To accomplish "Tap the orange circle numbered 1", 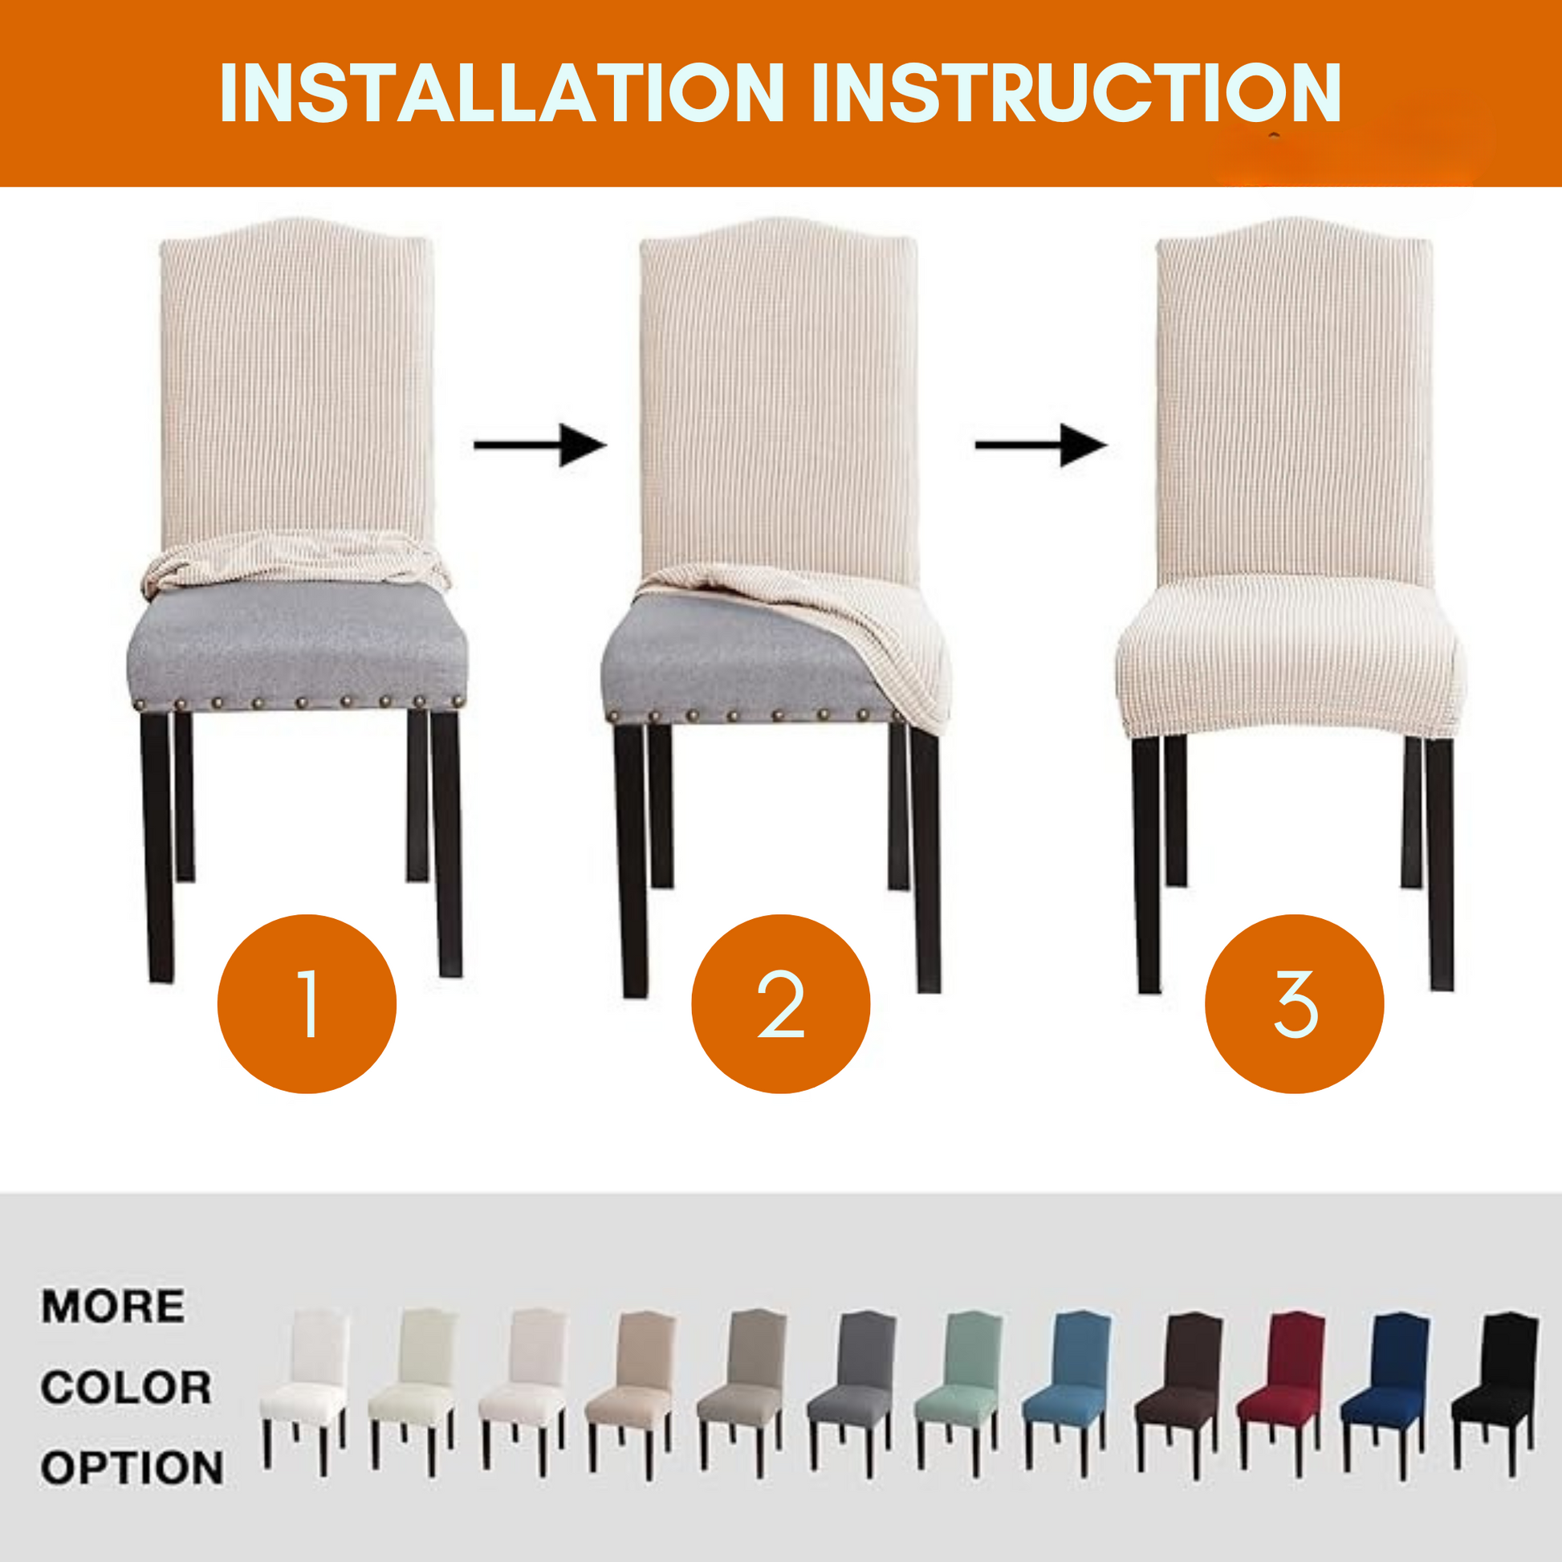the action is (307, 1004).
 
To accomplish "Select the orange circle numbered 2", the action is (781, 1004).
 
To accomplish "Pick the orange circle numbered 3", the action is (1295, 1004).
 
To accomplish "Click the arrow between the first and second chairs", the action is (540, 445).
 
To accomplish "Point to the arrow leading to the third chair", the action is (1041, 445).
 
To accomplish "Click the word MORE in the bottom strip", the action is (113, 1307).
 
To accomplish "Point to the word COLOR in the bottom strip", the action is (127, 1387).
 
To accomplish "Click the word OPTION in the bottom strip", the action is (132, 1467).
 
